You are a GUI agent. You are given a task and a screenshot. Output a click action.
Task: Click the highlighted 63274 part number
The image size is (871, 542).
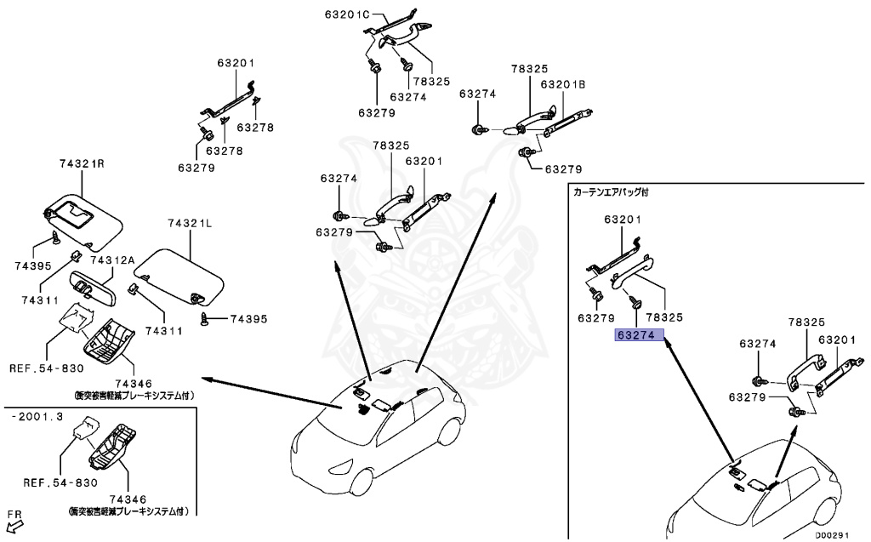[x=639, y=335]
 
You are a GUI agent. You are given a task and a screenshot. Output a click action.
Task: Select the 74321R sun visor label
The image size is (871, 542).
[x=83, y=164]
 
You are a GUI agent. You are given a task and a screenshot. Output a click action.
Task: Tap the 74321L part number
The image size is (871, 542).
[x=190, y=224]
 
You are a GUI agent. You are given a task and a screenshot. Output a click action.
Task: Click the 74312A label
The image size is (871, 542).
[x=112, y=260]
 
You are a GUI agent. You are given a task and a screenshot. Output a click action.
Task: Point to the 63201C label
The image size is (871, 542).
[x=347, y=14]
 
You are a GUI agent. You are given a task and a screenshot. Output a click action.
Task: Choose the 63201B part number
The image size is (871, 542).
[x=563, y=84]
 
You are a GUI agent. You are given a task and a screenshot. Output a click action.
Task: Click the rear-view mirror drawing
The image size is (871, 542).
[x=93, y=288]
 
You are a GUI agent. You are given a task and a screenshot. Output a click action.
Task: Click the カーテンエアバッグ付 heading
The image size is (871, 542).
[x=611, y=192]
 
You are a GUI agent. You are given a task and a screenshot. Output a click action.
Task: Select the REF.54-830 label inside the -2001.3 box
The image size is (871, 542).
[x=60, y=483]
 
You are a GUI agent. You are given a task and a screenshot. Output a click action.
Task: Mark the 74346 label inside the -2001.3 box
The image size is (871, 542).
[x=128, y=499]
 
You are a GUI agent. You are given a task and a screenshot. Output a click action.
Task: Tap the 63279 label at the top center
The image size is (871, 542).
[x=377, y=113]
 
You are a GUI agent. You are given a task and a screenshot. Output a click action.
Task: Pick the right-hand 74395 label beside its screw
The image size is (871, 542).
[x=249, y=319]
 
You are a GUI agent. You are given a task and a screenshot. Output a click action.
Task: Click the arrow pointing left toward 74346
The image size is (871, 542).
[x=271, y=393]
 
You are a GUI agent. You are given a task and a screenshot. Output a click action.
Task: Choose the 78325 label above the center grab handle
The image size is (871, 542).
[x=391, y=145]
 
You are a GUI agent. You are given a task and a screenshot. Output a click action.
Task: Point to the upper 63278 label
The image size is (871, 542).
[x=255, y=128]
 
